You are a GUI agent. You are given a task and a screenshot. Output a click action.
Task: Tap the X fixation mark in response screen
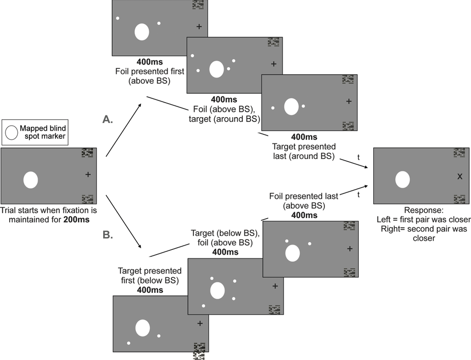[459, 176]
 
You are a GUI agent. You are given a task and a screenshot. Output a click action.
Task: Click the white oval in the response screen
[403, 179]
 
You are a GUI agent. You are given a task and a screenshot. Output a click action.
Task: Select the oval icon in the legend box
[11, 132]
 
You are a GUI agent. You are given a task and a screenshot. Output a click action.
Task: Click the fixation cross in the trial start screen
[88, 174]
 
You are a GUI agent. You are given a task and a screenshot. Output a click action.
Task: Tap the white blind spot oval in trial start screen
[31, 179]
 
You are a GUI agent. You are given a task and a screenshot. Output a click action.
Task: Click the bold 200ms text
[77, 219]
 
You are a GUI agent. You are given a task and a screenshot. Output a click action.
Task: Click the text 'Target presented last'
[303, 146]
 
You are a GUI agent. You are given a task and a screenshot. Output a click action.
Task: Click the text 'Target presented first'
[150, 271]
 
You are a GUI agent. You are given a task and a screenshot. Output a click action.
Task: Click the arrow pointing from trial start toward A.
[124, 129]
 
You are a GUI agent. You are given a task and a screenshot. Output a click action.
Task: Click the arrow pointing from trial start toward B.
[124, 221]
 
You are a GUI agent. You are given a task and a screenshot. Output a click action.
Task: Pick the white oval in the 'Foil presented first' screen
[142, 32]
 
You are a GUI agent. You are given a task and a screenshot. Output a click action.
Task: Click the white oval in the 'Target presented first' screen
[142, 328]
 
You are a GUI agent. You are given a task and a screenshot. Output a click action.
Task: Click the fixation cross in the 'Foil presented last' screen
[350, 248]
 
